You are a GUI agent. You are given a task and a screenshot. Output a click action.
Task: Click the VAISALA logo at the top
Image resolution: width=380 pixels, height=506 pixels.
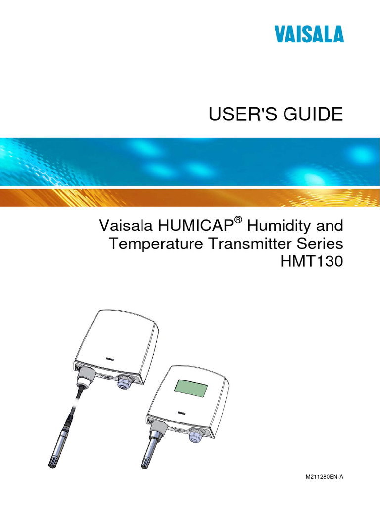[310, 35]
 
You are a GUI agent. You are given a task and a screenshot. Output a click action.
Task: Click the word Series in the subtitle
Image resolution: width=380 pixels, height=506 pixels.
[318, 244]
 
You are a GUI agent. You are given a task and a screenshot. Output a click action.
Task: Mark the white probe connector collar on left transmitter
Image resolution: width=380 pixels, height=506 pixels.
[85, 377]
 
